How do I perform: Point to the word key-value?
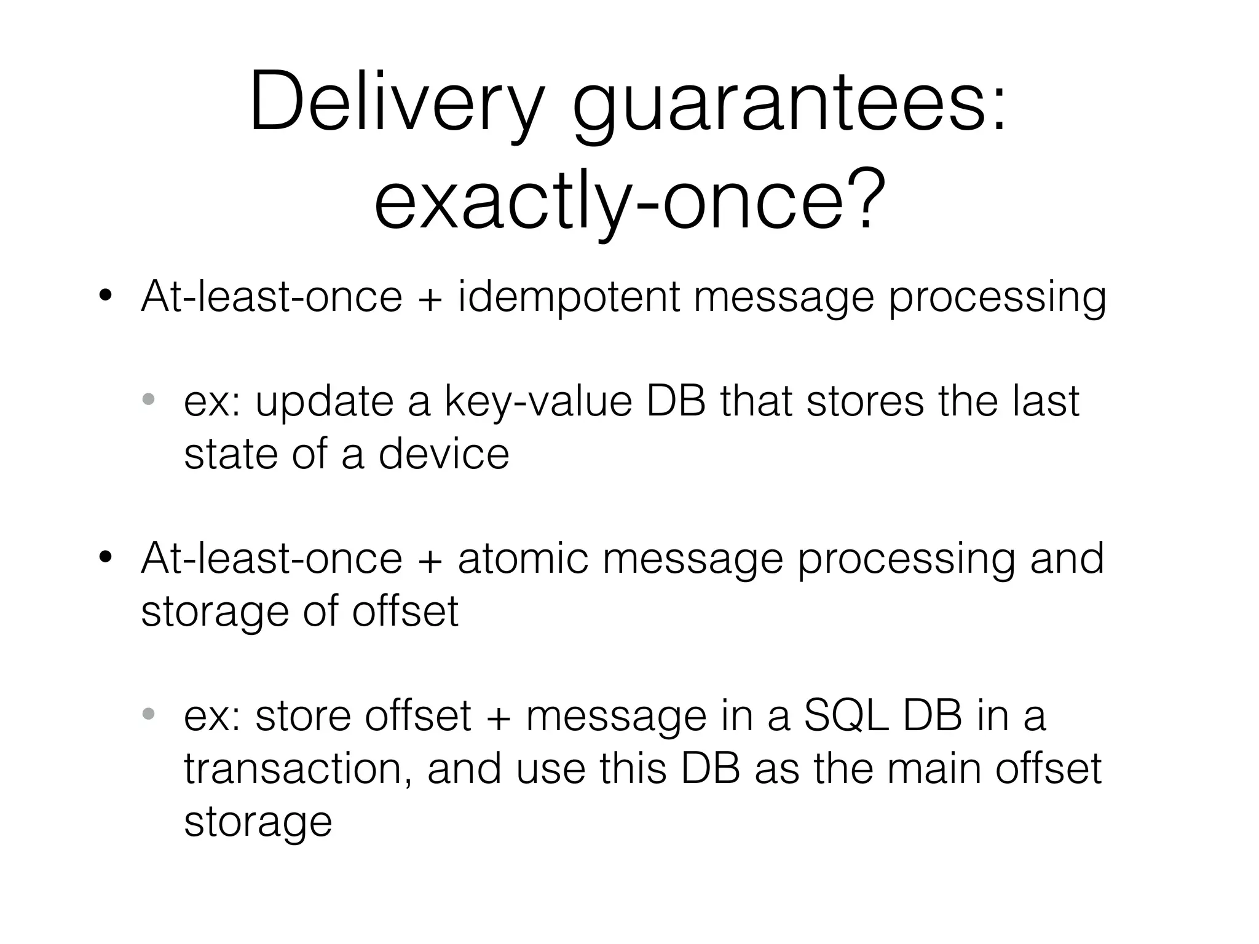point(538,403)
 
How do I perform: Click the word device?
point(444,454)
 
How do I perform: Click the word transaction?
point(298,769)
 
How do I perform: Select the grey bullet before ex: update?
point(148,399)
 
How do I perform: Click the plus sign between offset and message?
point(498,718)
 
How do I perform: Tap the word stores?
point(866,402)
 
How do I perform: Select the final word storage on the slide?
point(258,824)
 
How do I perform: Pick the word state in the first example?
point(231,454)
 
